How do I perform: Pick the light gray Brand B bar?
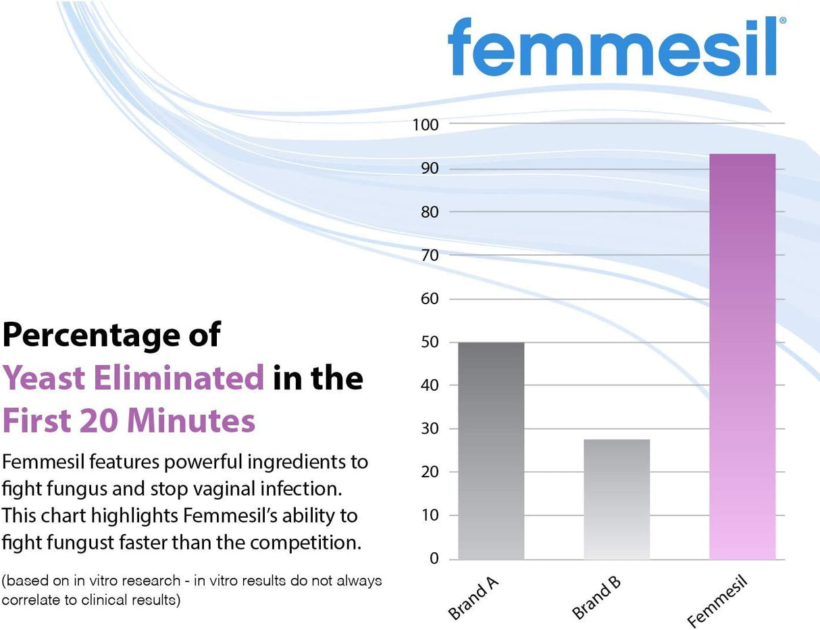[616, 500]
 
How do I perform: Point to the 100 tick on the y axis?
[425, 125]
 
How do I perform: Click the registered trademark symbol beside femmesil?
[782, 21]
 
